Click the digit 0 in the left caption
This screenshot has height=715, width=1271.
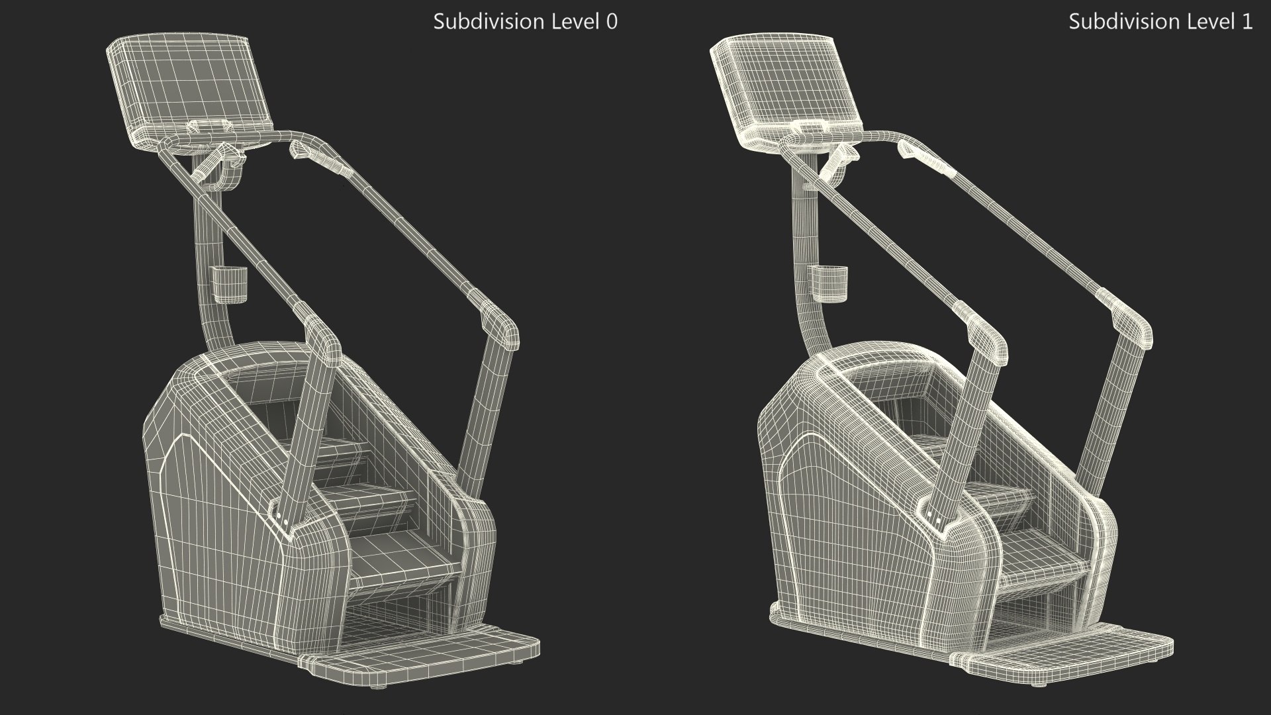pyautogui.click(x=612, y=22)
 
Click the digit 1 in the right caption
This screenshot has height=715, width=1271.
pyautogui.click(x=1247, y=22)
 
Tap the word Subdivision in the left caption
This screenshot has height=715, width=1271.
pyautogui.click(x=479, y=22)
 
